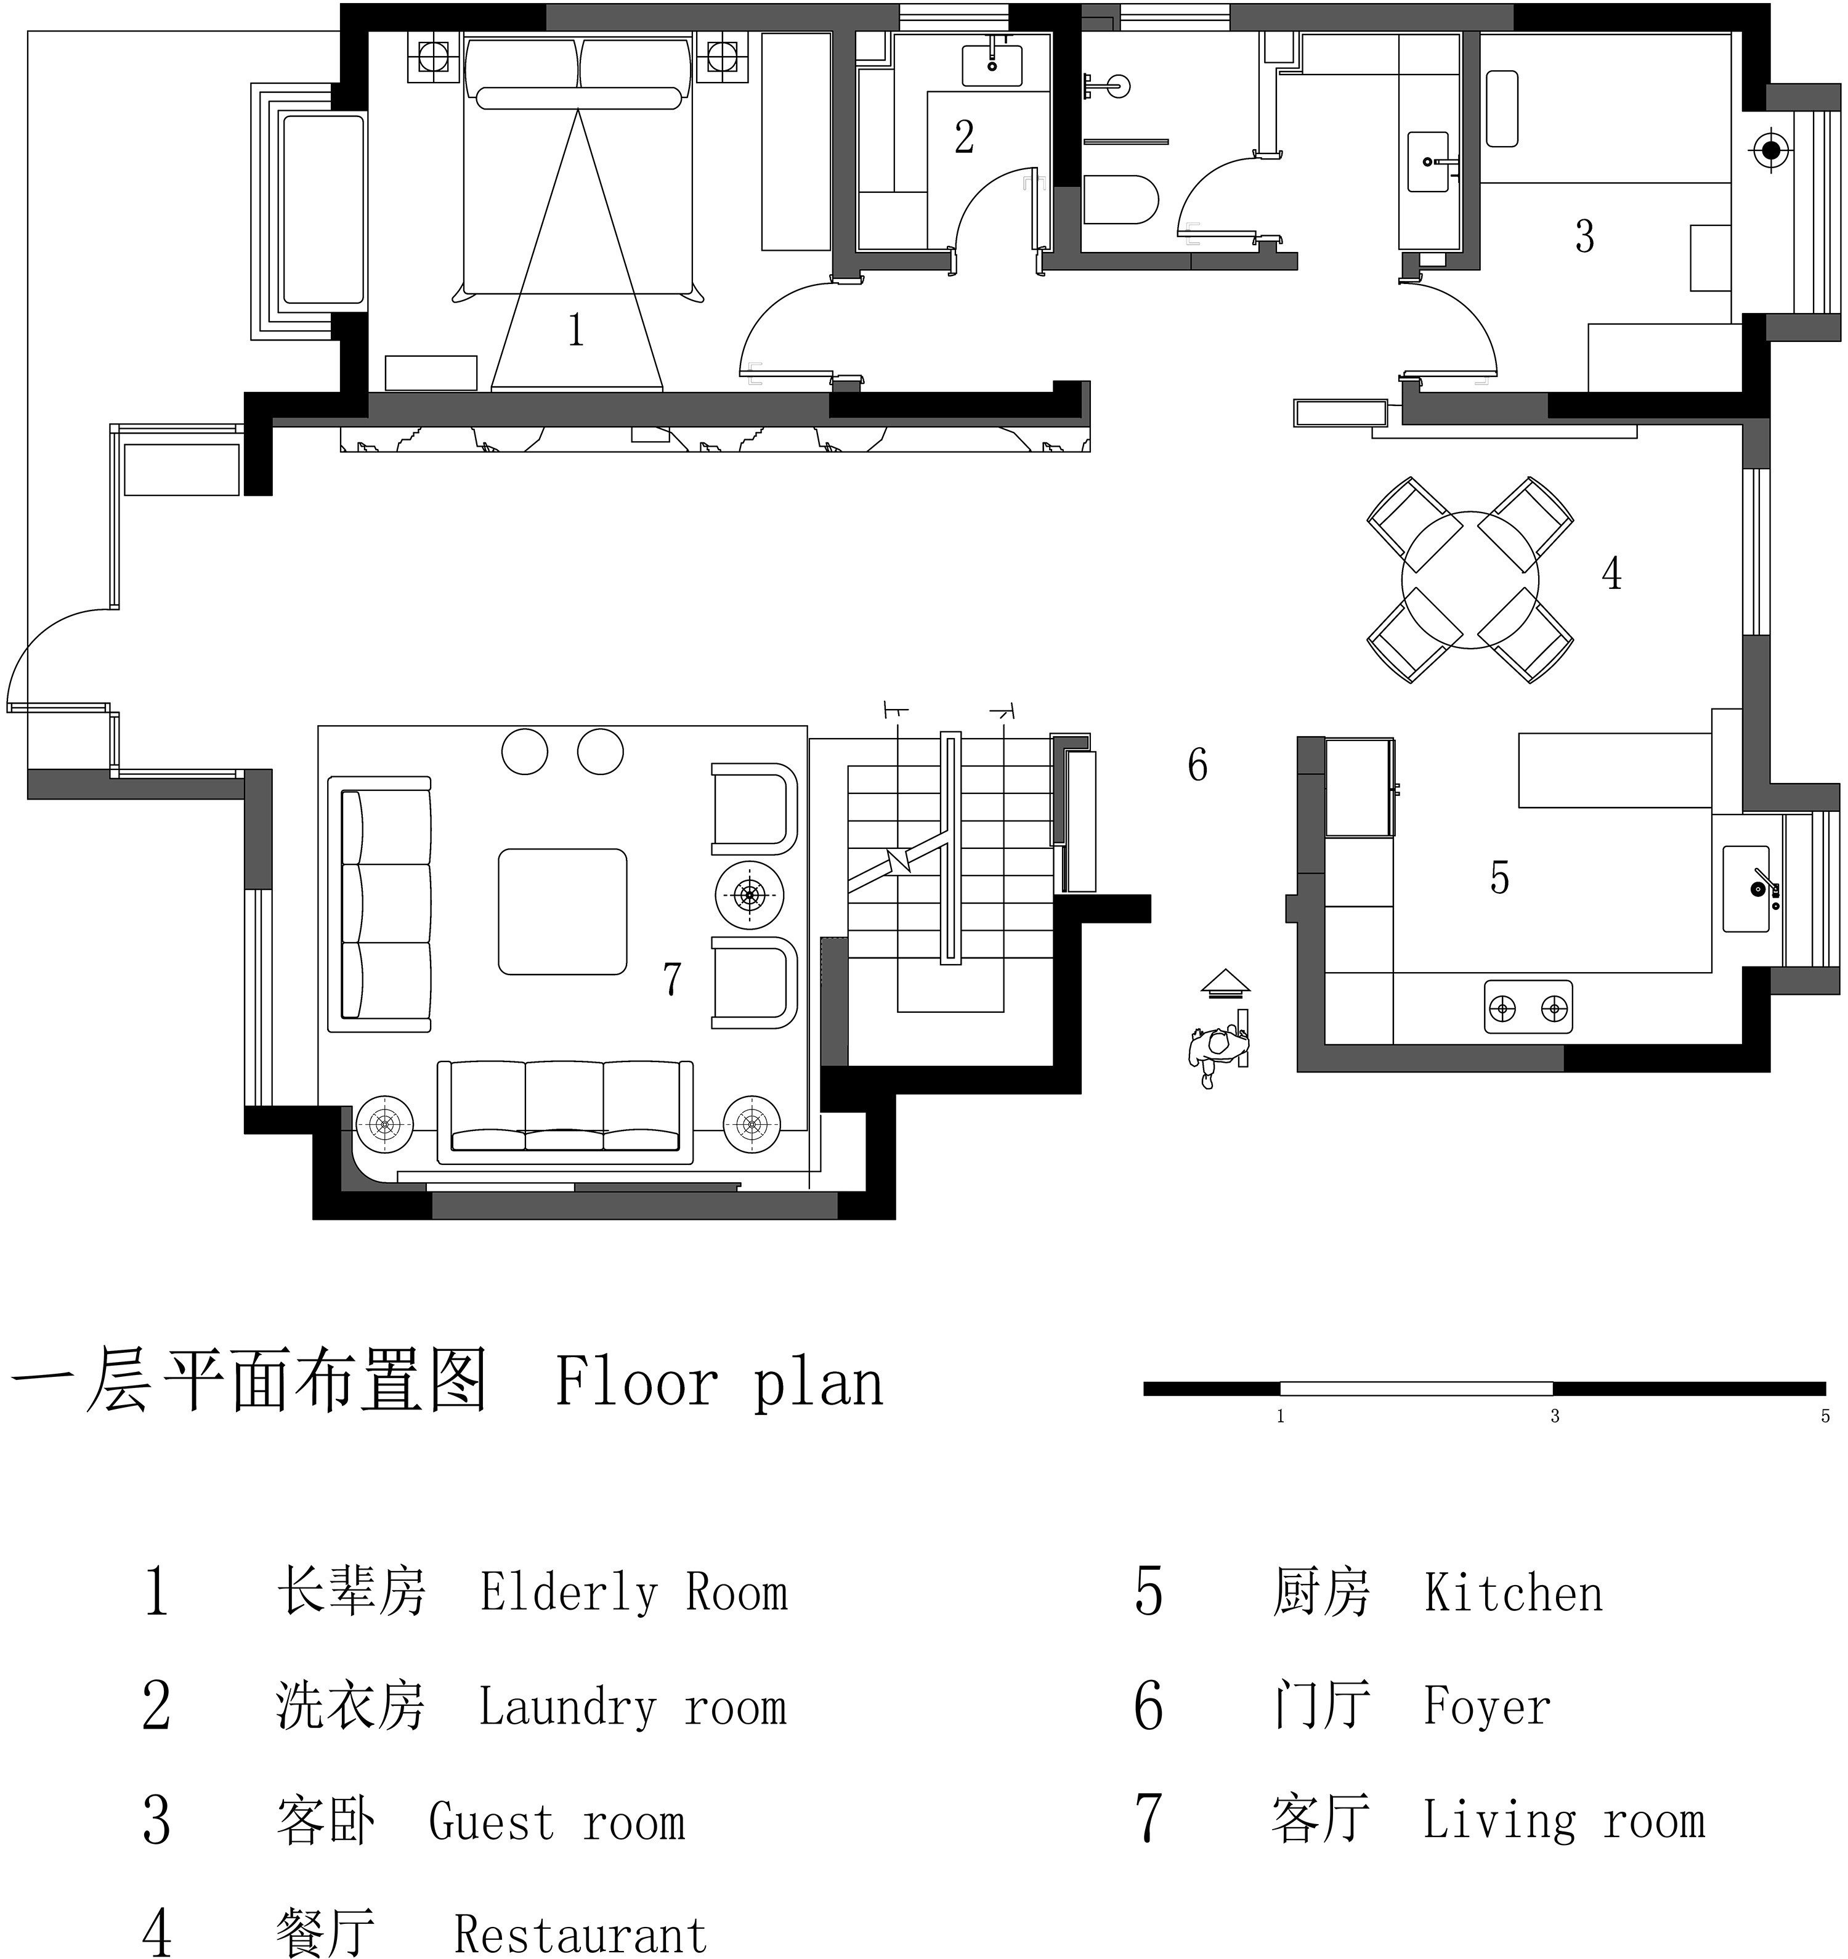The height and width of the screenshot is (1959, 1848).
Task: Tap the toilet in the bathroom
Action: click(1121, 200)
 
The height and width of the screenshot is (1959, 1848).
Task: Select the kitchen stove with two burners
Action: click(1528, 1008)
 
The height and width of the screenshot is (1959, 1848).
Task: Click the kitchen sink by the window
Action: click(1746, 889)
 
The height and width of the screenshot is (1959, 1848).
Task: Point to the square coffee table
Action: click(562, 912)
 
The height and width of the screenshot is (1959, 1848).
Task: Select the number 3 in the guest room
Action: click(1584, 237)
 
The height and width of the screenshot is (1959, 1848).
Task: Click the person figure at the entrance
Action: click(1218, 1052)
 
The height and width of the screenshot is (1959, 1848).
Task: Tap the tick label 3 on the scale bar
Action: click(1554, 1416)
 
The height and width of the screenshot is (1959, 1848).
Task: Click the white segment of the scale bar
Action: click(1416, 1389)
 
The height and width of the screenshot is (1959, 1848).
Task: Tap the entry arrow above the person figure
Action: click(1225, 981)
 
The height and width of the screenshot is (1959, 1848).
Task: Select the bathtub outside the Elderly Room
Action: click(323, 208)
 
